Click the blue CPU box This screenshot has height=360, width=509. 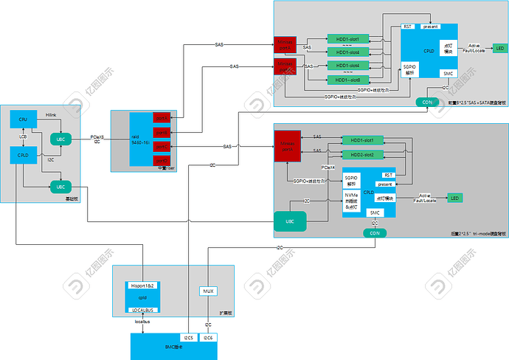coord(24,120)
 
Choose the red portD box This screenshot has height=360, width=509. coord(162,161)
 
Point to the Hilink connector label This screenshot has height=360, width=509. coord(51,115)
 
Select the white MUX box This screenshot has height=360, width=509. coord(208,291)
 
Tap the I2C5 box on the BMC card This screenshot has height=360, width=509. coord(189,338)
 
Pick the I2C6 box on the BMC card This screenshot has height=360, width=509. coord(208,338)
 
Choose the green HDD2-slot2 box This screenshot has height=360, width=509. coord(362,154)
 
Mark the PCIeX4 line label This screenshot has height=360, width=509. coord(328,168)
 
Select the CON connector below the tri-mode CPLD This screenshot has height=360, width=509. coord(375,232)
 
